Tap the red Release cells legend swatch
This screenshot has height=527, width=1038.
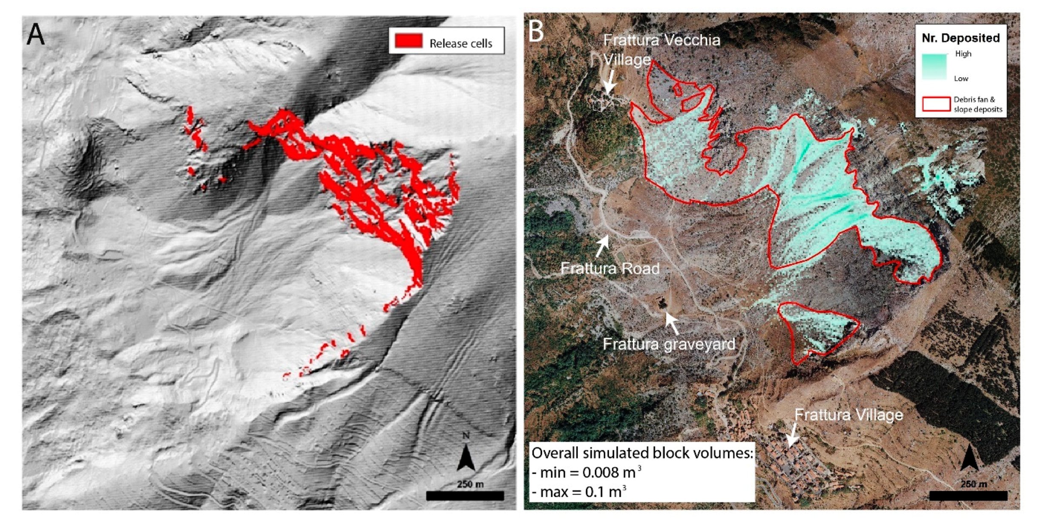point(408,41)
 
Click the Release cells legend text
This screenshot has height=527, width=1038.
point(460,43)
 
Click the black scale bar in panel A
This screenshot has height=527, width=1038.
point(465,495)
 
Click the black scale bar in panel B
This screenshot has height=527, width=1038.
point(968,495)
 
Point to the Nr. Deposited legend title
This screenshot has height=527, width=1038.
point(960,38)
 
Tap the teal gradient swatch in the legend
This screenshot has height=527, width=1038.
point(934,66)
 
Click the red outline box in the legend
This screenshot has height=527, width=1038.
point(936,104)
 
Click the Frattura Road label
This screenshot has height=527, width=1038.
point(610,268)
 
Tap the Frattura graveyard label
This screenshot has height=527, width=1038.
point(669,344)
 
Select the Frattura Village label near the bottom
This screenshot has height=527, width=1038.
point(848,414)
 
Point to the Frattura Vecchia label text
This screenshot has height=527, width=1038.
point(661,40)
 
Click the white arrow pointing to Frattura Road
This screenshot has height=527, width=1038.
point(602,246)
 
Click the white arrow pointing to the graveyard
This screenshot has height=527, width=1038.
point(672,323)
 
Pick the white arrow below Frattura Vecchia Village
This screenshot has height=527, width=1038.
point(610,82)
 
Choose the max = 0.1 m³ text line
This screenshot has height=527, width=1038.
point(579,492)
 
